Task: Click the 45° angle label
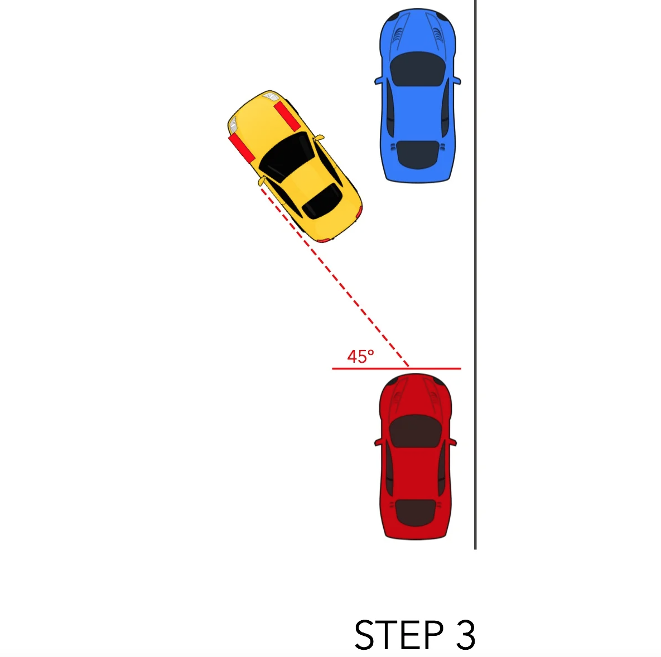tap(360, 357)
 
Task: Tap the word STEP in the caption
tap(399, 634)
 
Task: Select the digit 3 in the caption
tap(466, 634)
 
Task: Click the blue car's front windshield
tap(418, 70)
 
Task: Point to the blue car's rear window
tap(417, 155)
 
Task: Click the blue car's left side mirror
tap(379, 80)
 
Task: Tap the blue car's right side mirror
tap(457, 80)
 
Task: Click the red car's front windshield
tap(415, 431)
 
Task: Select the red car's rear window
tap(415, 513)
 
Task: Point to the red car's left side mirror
tap(379, 442)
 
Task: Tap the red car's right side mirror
tap(452, 442)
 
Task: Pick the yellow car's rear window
tap(322, 202)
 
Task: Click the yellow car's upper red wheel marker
tap(287, 116)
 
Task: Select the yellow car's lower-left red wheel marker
tap(242, 148)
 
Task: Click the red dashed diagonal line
tap(335, 277)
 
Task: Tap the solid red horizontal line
tap(396, 368)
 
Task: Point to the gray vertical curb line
tap(475, 275)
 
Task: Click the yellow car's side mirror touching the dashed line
tap(262, 182)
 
